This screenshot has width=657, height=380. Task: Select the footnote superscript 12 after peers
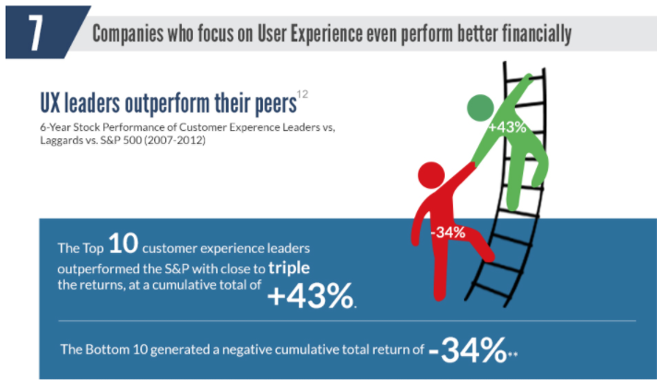(302, 93)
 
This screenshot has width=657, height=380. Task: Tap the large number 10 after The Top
(125, 244)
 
